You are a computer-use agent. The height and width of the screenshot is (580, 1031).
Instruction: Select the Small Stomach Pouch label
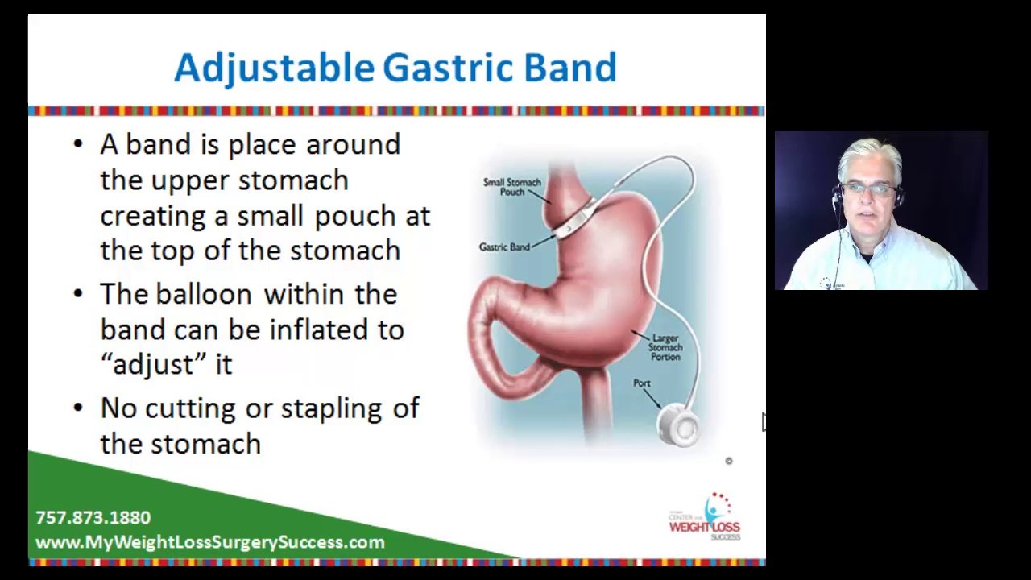[x=511, y=187]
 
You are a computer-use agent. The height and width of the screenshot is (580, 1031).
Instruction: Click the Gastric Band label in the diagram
[x=504, y=247]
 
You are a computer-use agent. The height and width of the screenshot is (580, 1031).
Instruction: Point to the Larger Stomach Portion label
[x=665, y=347]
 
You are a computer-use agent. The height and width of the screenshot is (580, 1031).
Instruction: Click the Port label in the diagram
[x=641, y=383]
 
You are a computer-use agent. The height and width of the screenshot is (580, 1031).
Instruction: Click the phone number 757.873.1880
[x=93, y=518]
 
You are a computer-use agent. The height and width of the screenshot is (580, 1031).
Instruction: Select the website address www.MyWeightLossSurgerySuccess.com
[x=210, y=542]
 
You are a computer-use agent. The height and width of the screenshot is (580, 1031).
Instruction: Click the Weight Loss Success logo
[x=706, y=518]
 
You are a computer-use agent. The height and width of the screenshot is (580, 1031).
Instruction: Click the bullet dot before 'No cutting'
[x=77, y=408]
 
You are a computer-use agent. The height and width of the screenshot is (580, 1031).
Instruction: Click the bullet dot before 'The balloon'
[x=77, y=293]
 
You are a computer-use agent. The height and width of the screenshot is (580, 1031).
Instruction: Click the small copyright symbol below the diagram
[x=729, y=461]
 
